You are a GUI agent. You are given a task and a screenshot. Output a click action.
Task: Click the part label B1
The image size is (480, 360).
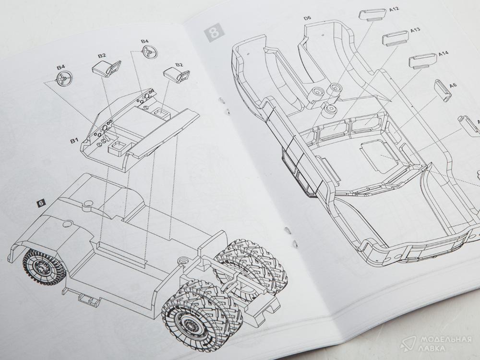tap(74, 141)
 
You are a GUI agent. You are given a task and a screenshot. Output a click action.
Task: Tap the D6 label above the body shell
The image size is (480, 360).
tap(307, 18)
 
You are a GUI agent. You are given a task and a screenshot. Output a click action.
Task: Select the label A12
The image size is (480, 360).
tap(394, 10)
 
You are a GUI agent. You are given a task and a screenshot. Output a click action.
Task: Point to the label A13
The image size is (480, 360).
tap(415, 30)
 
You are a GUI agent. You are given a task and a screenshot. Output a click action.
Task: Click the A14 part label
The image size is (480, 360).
tap(443, 54)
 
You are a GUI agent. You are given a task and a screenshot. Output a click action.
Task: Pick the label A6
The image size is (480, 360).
tap(453, 85)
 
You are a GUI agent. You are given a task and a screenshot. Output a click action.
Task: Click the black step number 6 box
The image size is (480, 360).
tap(41, 203)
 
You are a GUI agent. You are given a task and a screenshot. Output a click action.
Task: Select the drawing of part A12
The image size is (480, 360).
tap(373, 14)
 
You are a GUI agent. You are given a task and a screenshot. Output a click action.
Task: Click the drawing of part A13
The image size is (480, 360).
tap(396, 38)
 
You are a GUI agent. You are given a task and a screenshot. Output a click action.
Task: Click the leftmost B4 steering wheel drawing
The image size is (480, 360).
tap(65, 79)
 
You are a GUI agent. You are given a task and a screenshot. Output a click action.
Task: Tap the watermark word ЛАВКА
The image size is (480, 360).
tap(433, 348)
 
